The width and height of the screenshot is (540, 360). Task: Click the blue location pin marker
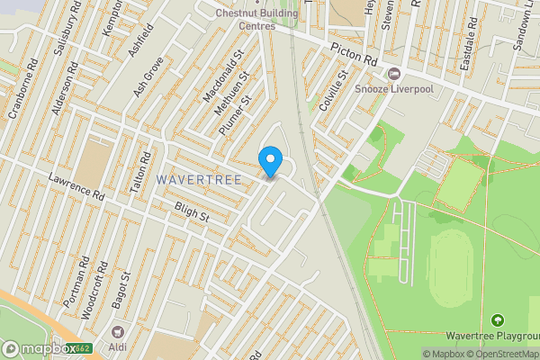click(x=270, y=161)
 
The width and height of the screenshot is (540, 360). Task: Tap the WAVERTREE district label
click(x=198, y=180)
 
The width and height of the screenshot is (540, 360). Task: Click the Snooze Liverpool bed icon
click(x=392, y=73)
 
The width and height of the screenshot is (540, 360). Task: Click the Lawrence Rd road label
click(x=77, y=186)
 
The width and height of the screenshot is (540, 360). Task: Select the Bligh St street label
click(x=192, y=215)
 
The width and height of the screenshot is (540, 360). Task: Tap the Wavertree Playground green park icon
click(x=497, y=319)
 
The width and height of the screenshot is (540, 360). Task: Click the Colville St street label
click(x=336, y=90)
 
